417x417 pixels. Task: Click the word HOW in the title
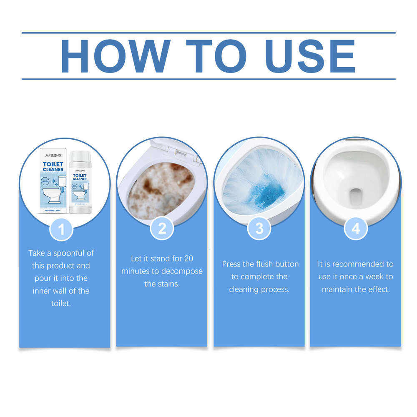click(116, 56)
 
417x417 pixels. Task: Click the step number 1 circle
click(61, 229)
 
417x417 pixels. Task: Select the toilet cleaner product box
click(53, 181)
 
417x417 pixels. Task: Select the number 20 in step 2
click(188, 259)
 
